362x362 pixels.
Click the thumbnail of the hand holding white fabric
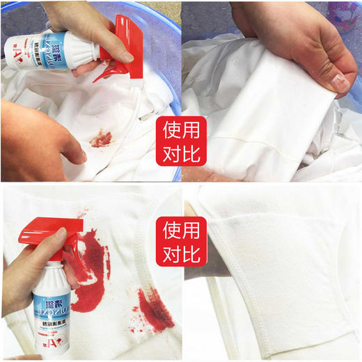point(271,90)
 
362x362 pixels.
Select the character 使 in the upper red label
point(171,129)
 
